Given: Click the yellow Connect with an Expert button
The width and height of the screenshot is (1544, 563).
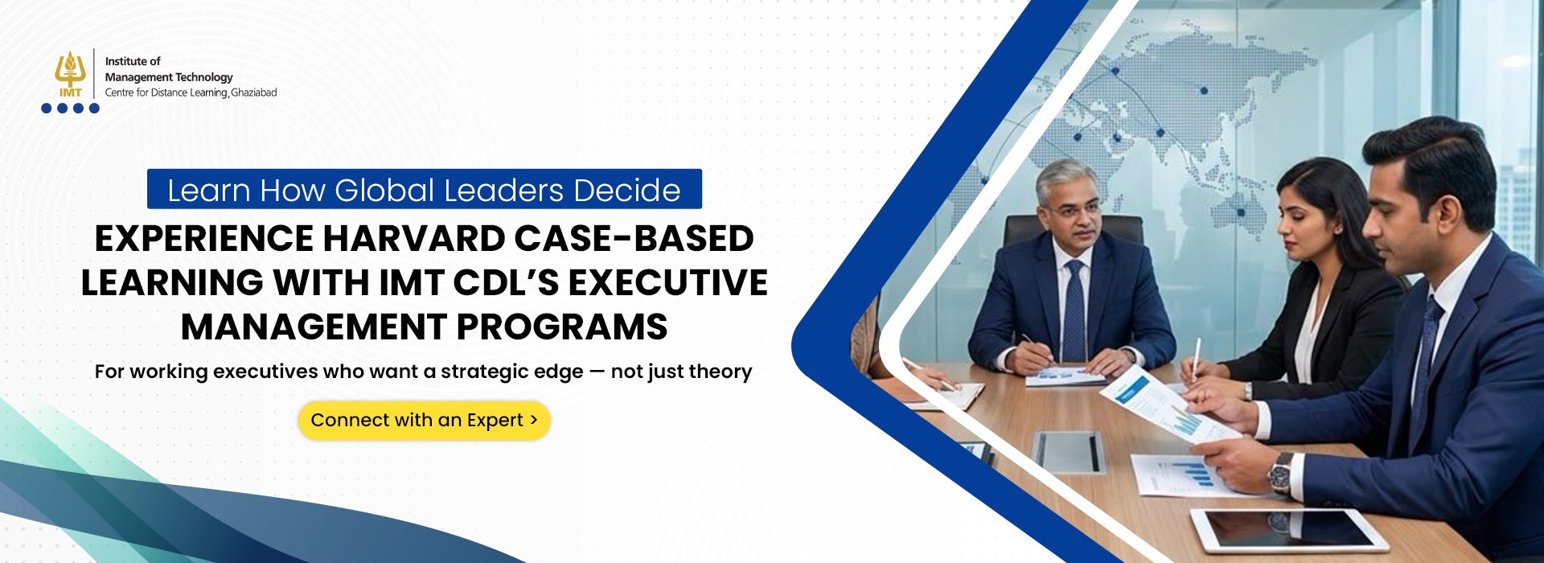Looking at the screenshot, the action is [424, 421].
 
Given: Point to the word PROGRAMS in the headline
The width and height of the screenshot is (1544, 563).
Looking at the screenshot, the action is [562, 327].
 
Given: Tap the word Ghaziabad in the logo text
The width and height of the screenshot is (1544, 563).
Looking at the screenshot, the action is [254, 92].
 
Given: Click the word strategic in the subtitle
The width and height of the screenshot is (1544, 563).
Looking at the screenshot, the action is [511, 372].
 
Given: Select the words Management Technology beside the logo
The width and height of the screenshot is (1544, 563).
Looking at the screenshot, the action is [169, 77].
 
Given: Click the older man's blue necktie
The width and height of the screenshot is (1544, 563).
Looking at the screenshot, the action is [1074, 310].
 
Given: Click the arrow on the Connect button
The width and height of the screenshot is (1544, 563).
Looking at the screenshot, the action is [533, 420].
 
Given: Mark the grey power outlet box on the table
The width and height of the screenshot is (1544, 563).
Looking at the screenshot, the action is [1069, 451].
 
